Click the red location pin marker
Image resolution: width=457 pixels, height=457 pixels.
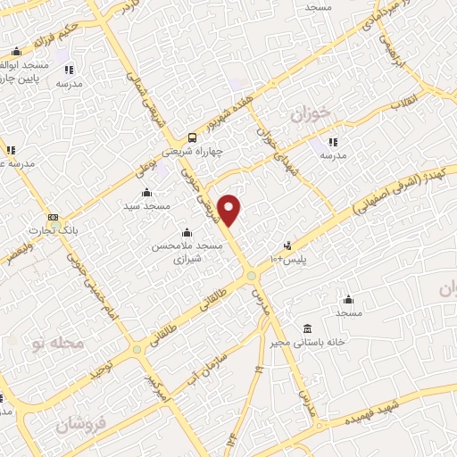point(230,209)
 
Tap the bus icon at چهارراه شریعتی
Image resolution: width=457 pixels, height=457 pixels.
point(192,137)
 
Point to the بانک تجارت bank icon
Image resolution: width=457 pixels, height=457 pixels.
point(54,218)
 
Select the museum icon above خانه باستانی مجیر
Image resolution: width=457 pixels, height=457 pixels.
point(307,328)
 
